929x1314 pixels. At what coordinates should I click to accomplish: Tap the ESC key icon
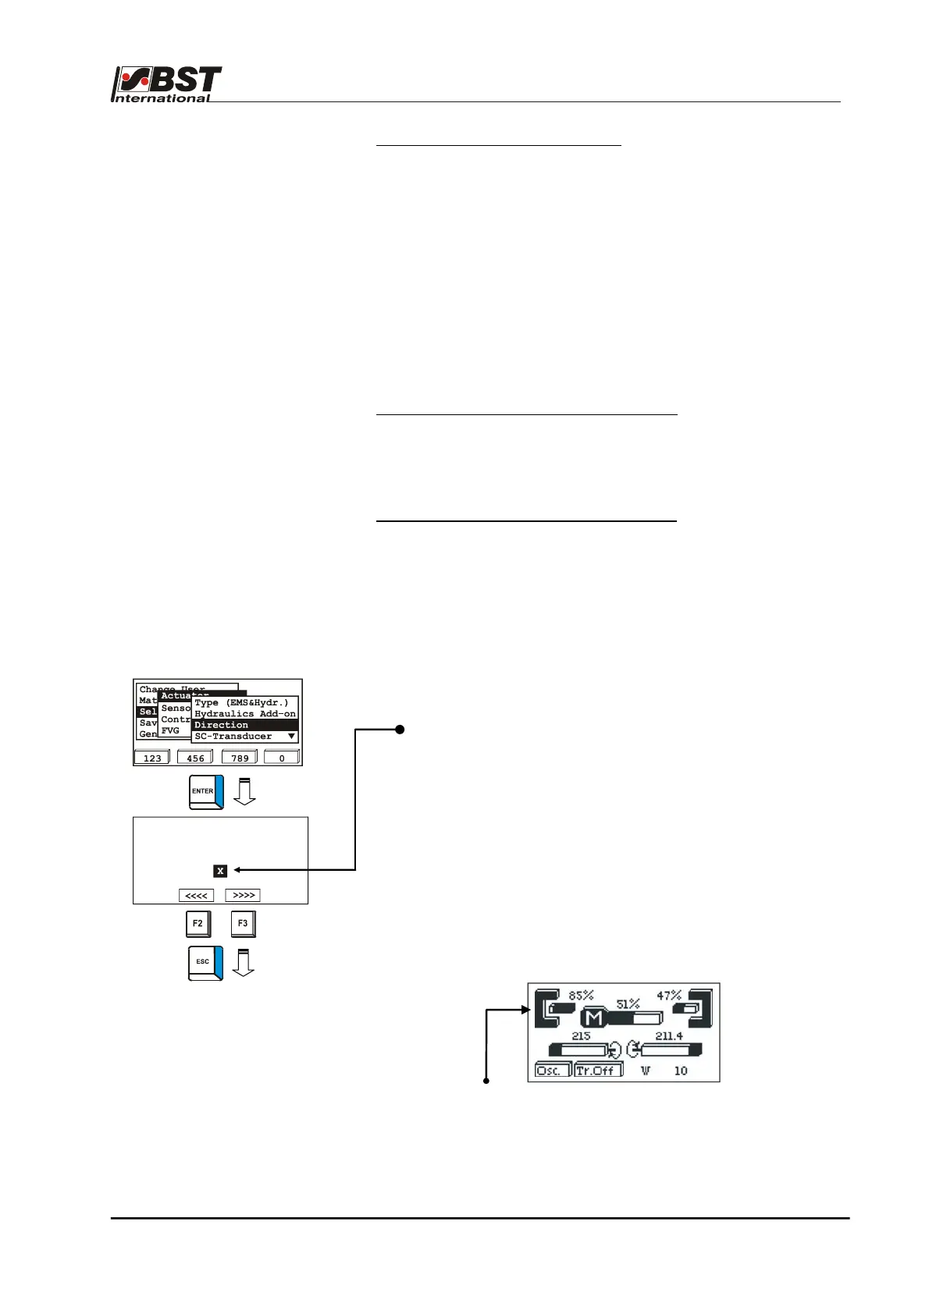[x=205, y=962]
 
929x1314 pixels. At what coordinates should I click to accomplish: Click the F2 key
[x=198, y=924]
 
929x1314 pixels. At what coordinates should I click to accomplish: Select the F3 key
[x=243, y=924]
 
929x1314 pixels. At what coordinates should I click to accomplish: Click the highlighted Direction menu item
[x=244, y=725]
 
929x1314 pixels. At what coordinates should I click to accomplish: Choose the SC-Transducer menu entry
[x=233, y=737]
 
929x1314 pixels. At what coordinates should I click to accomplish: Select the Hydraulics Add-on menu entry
[x=244, y=713]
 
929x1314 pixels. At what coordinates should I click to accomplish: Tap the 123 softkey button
[x=152, y=758]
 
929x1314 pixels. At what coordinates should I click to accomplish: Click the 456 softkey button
[x=195, y=758]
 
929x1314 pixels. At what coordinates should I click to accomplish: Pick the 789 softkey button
[x=240, y=758]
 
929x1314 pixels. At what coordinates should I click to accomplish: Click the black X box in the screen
[x=220, y=871]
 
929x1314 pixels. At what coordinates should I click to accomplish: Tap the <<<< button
[x=196, y=896]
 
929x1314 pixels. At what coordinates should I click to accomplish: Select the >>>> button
[x=243, y=896]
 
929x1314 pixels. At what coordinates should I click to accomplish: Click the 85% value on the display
[x=581, y=996]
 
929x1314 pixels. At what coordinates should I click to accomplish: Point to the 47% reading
[x=669, y=996]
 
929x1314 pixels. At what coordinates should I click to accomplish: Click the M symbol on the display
[x=594, y=1017]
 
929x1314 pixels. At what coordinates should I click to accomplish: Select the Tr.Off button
[x=598, y=1071]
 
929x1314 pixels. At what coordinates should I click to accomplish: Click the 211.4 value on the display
[x=669, y=1036]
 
